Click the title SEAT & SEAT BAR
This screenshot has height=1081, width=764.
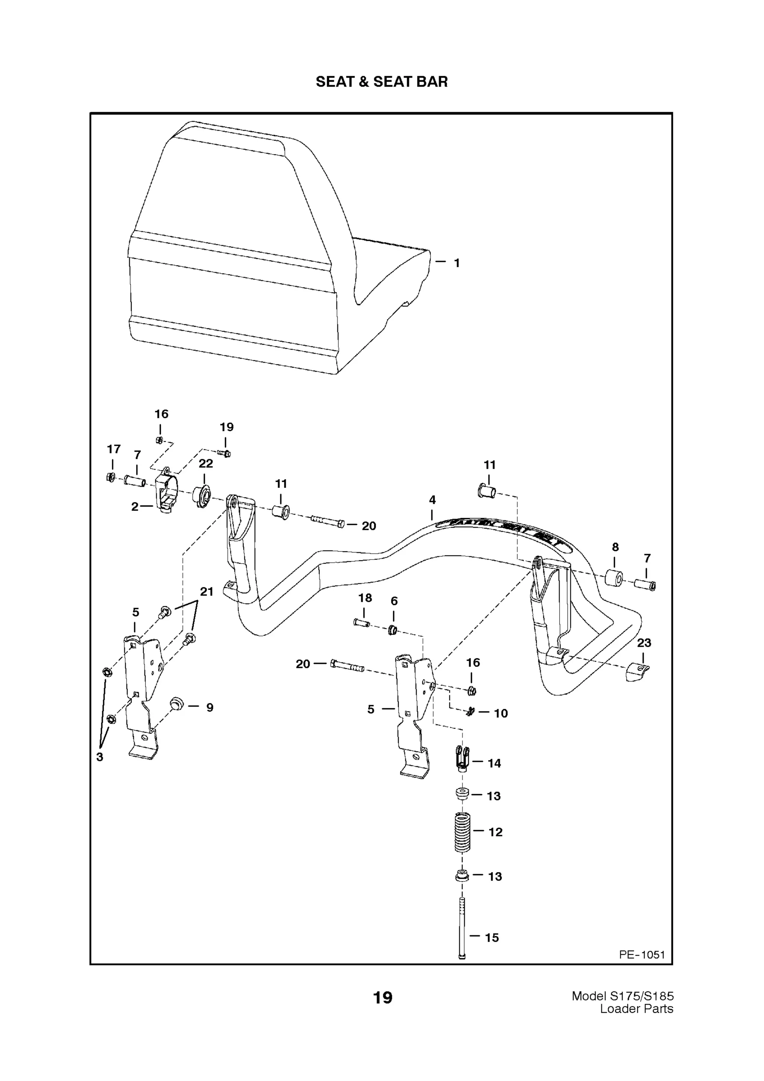click(381, 82)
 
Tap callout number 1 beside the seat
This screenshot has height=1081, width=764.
click(456, 263)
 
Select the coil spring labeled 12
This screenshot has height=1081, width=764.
click(462, 833)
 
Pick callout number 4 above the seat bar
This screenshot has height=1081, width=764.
click(432, 500)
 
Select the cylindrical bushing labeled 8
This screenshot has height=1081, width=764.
click(614, 578)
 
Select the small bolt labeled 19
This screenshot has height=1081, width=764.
click(225, 453)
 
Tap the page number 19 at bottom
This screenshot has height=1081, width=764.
click(382, 997)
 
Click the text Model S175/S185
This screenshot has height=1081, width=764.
click(622, 996)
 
